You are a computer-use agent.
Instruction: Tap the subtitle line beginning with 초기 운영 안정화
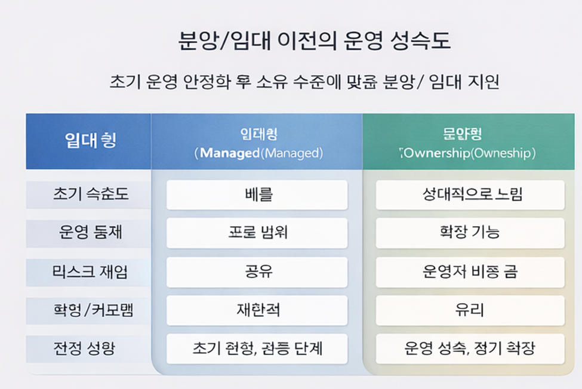tap(304, 82)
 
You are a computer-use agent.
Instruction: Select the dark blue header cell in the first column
tap(88, 141)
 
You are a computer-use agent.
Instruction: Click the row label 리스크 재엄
tap(90, 271)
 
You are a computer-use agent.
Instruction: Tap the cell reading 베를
tap(257, 195)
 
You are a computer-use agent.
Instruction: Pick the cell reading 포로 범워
tap(257, 233)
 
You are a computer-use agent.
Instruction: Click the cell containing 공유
tap(257, 272)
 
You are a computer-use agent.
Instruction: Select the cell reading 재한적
tap(257, 310)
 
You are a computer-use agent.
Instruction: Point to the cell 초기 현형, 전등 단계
tap(257, 348)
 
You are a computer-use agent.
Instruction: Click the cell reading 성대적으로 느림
tap(470, 195)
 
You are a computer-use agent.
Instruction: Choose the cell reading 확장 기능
tap(470, 233)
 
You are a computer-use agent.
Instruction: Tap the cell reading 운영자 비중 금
tap(470, 272)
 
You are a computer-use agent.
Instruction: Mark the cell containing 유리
tap(470, 310)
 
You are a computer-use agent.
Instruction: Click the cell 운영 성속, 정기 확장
tap(470, 348)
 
